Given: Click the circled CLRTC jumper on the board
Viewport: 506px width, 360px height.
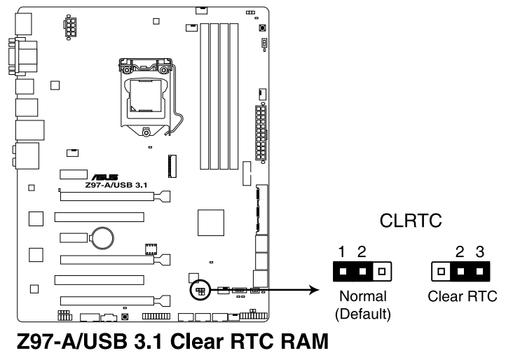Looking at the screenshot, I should click(x=200, y=289).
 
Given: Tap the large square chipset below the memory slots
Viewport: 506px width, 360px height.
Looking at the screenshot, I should click(x=212, y=223).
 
